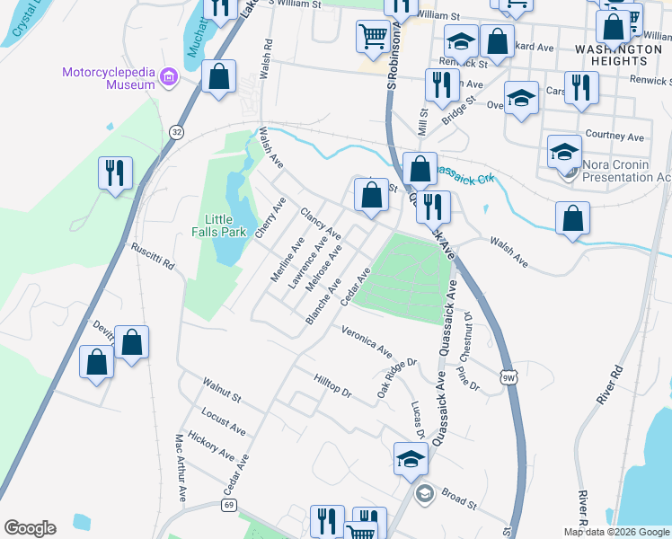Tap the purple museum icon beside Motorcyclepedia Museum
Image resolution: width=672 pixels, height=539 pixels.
[166, 79]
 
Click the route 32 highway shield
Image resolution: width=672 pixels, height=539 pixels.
[177, 131]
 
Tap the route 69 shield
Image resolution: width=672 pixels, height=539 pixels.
[230, 506]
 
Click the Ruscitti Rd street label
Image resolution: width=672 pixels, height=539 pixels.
[151, 257]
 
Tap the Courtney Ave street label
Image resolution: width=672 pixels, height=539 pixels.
[615, 137]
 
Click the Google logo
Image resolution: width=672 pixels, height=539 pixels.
[30, 527]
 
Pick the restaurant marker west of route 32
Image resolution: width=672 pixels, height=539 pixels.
[115, 172]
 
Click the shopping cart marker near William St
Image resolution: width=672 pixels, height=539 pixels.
[372, 37]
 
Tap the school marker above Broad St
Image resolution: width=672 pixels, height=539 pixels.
[411, 458]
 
